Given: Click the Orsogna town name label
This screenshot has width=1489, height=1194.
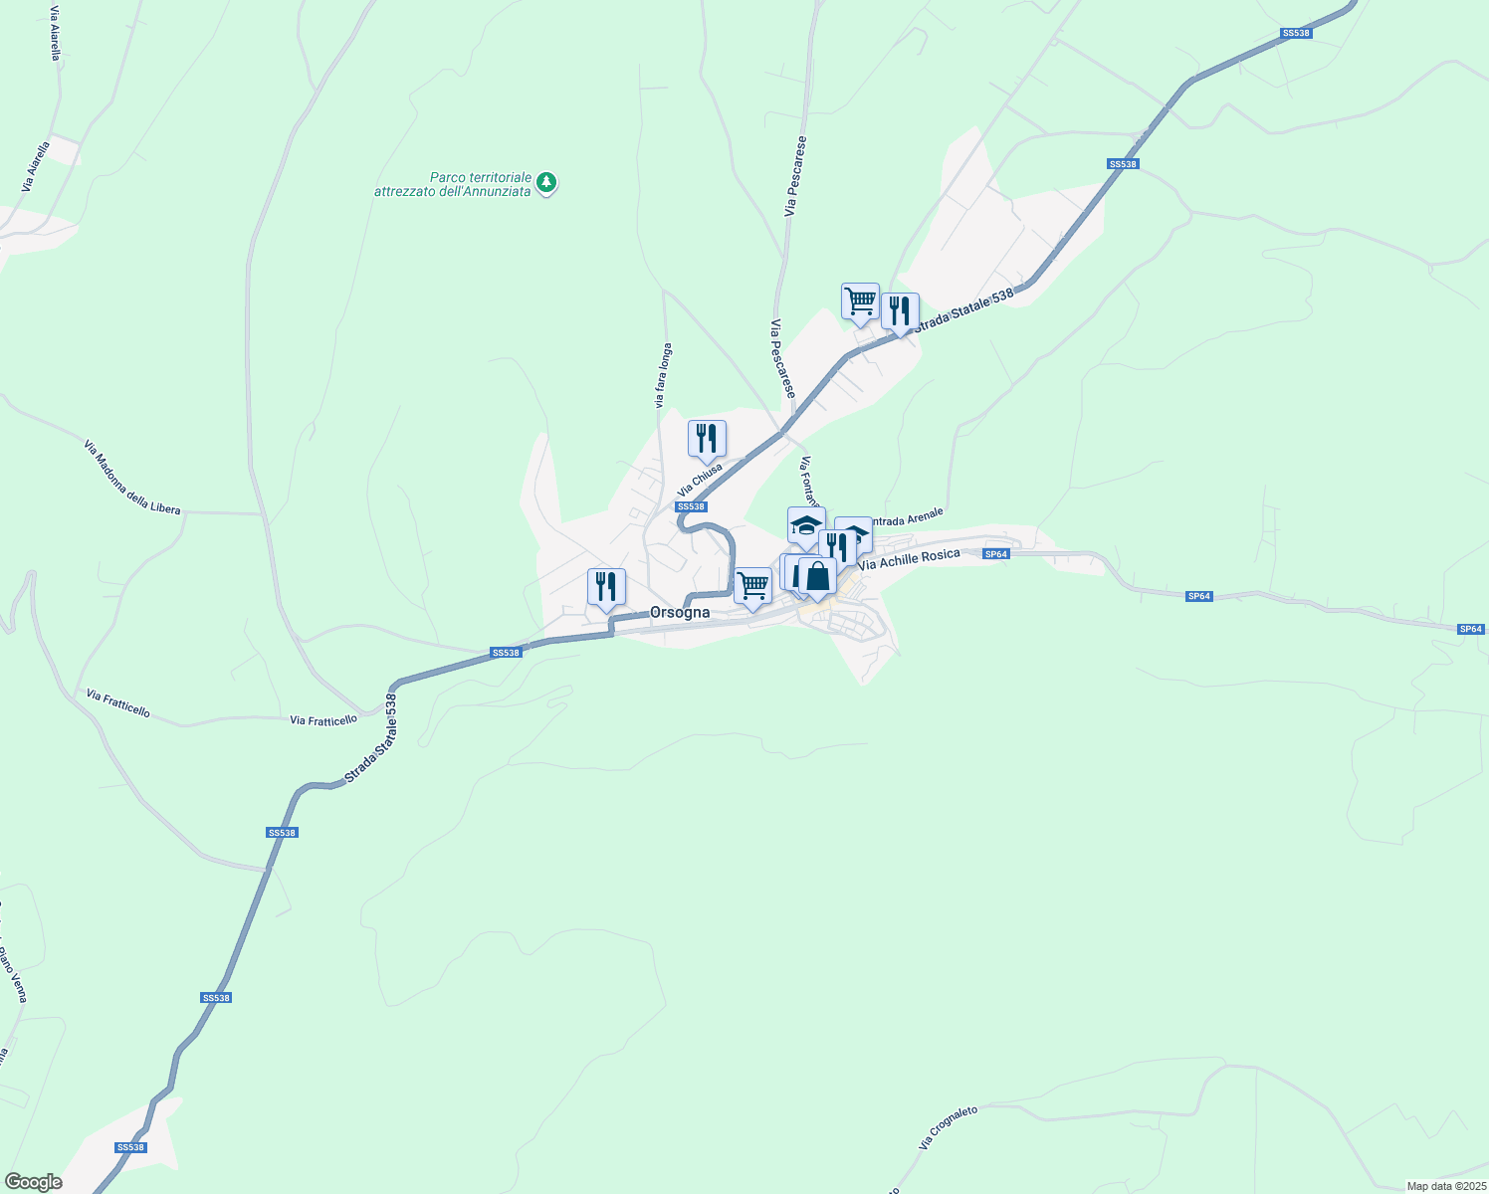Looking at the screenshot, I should [x=680, y=613].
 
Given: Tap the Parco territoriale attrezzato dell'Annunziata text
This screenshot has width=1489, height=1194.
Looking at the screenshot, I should [x=453, y=184].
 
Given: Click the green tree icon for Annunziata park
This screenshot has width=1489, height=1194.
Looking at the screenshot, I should [x=545, y=182].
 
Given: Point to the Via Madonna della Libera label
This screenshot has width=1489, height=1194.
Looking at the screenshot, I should [x=132, y=478].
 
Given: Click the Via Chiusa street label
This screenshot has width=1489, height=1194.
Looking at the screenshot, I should [x=700, y=480].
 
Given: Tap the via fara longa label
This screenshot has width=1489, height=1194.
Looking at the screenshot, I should [x=663, y=375].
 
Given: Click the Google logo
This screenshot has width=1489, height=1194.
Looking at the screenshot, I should [x=33, y=1182].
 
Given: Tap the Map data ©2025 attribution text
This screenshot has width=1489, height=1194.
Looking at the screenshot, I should [x=1445, y=1186].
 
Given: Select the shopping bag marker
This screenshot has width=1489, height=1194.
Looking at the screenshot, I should [x=817, y=576].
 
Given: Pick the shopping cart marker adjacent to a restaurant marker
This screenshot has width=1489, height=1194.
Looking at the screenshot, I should [x=860, y=300].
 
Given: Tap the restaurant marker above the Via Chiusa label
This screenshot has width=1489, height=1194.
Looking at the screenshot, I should [x=707, y=438].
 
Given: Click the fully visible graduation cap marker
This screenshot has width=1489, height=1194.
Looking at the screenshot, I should [x=806, y=524].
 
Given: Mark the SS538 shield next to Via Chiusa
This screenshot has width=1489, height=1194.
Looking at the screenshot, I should [x=691, y=506].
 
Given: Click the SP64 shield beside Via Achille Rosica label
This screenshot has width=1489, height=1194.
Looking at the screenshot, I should [x=996, y=554].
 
